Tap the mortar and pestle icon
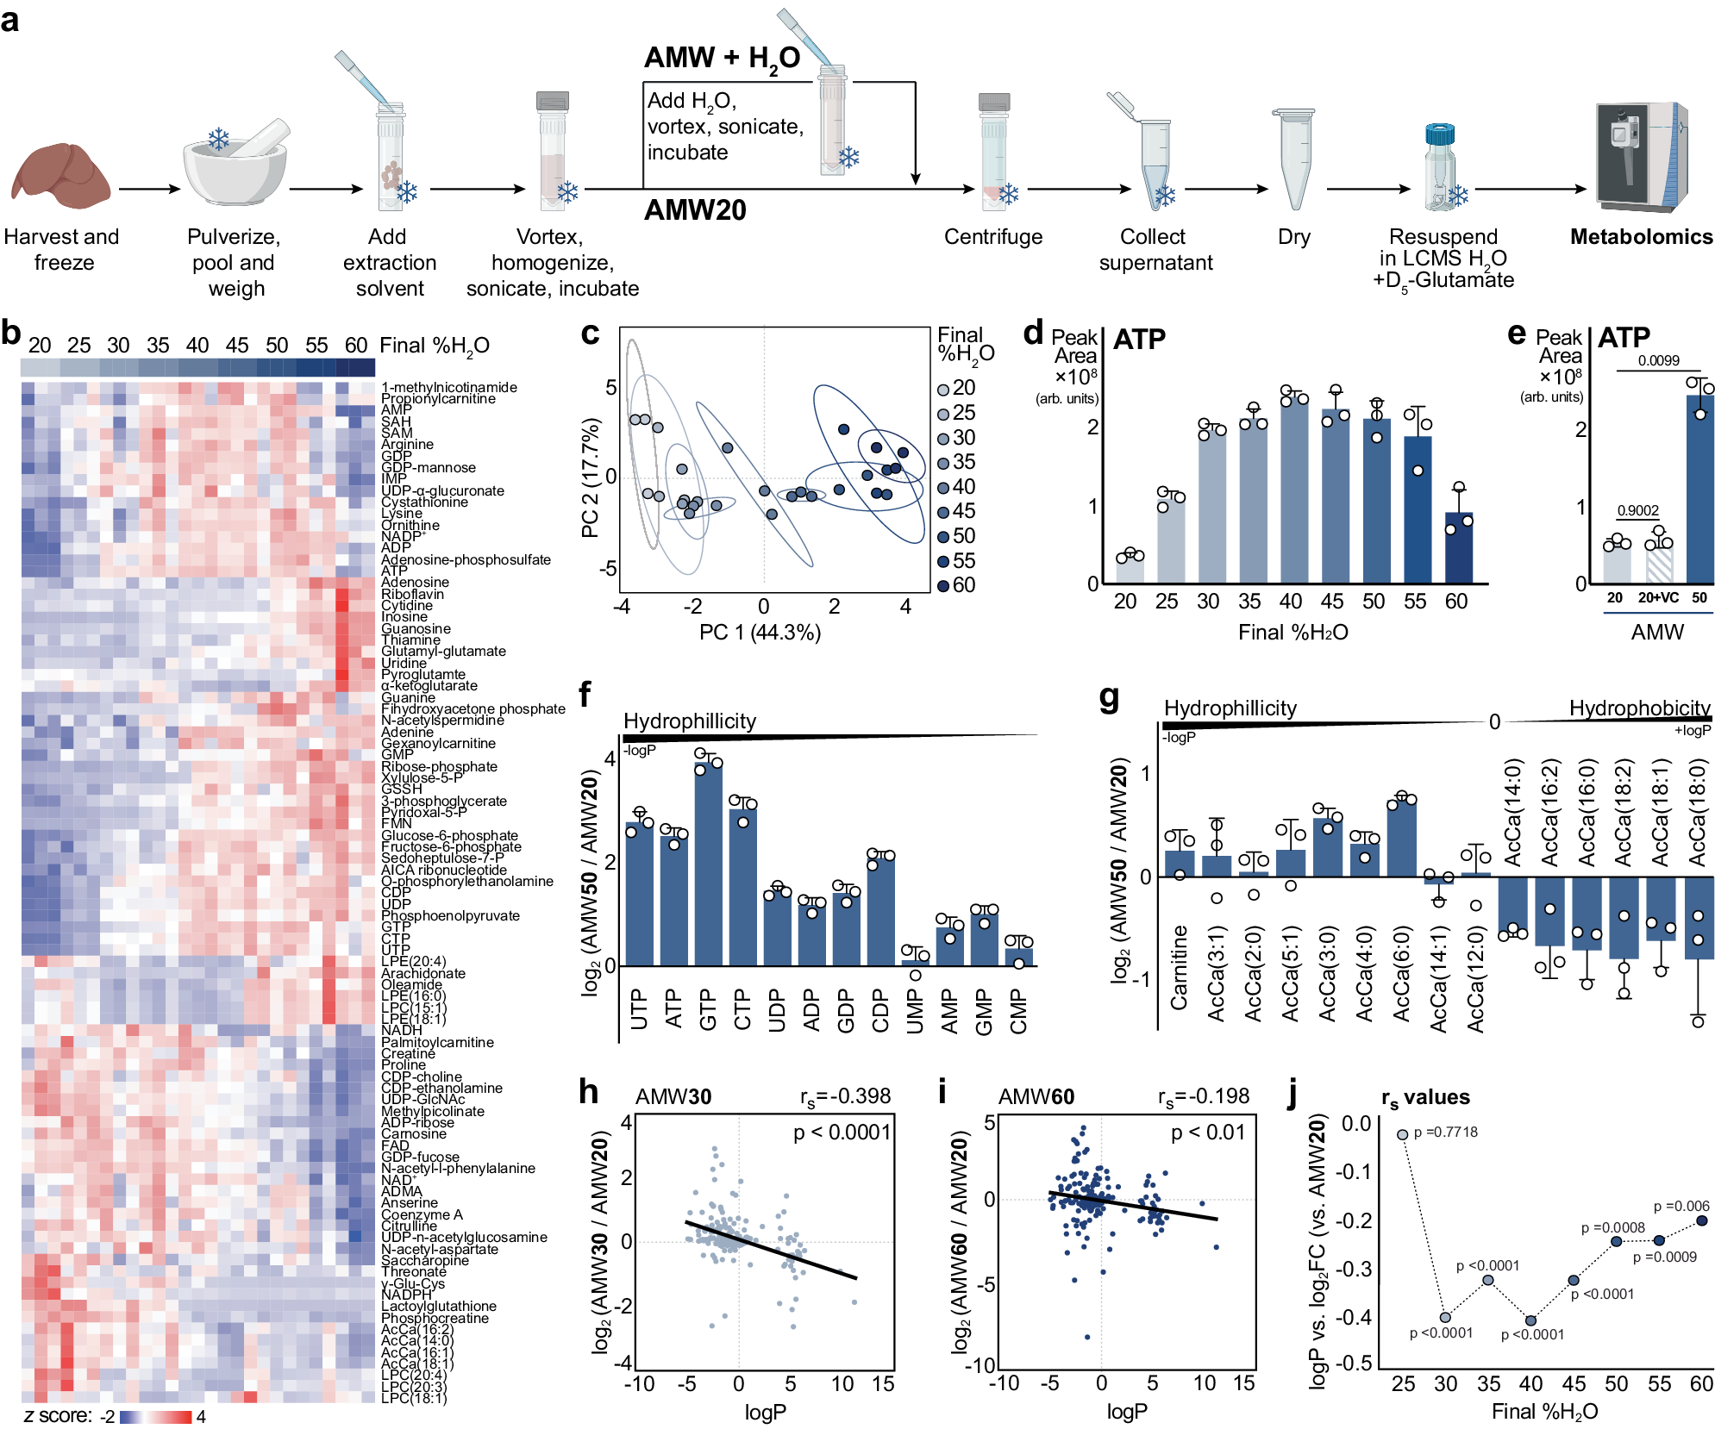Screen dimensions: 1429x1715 point(235,164)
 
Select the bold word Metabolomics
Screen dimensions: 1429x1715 point(1641,237)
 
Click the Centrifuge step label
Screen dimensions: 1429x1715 point(992,237)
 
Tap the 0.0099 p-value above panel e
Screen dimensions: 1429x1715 point(1658,360)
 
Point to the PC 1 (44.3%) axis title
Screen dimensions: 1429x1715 point(760,633)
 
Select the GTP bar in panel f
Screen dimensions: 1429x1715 point(708,862)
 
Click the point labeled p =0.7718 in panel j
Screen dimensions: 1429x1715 point(1402,1134)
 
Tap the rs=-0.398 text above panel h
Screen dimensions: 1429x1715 point(845,1096)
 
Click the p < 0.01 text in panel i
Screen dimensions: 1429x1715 point(1207,1133)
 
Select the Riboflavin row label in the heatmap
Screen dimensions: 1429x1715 point(412,594)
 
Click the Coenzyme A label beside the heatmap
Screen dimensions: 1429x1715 point(422,1214)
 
